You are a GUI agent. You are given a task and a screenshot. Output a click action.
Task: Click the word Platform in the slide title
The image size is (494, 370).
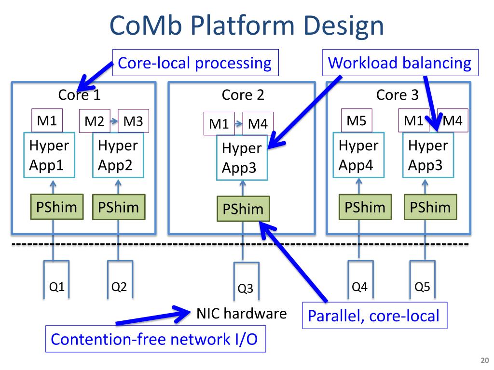click(x=243, y=26)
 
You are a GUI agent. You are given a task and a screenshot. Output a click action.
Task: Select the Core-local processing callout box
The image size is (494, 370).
click(x=195, y=63)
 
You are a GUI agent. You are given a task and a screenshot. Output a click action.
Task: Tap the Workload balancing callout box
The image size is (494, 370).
click(x=400, y=63)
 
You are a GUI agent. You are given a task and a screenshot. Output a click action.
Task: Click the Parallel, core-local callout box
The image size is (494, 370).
click(x=374, y=316)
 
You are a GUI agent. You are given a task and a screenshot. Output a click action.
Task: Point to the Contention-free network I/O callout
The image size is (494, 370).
click(x=156, y=339)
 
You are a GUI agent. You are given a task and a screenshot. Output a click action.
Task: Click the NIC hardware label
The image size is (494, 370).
click(x=241, y=313)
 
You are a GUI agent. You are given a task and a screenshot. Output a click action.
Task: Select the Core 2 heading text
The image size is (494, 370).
click(x=243, y=95)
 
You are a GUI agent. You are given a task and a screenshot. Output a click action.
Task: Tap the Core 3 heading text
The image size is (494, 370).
click(x=398, y=95)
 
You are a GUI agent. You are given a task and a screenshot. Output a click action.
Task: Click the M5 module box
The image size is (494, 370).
click(x=357, y=120)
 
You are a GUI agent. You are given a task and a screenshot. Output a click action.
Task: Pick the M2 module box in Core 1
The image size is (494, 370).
click(x=95, y=121)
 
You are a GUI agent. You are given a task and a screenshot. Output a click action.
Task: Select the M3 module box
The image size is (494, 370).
click(x=133, y=121)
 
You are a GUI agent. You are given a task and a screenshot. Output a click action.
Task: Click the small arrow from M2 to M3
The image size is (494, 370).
click(x=114, y=121)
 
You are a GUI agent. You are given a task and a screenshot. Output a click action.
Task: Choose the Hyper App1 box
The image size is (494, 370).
click(x=49, y=155)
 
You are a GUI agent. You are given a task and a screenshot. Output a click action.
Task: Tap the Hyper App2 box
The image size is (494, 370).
click(x=118, y=155)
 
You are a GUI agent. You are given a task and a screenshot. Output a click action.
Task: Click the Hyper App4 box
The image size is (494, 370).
click(x=358, y=155)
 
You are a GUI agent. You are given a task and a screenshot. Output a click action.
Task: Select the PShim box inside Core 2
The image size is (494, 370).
click(x=243, y=209)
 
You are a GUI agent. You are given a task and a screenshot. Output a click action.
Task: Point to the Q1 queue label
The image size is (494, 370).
click(x=57, y=287)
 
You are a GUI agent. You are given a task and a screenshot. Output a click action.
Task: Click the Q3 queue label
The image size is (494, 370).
click(x=246, y=288)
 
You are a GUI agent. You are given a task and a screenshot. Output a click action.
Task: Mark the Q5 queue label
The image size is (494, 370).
click(x=422, y=287)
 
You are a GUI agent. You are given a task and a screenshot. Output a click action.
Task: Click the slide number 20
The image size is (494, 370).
click(x=484, y=360)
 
